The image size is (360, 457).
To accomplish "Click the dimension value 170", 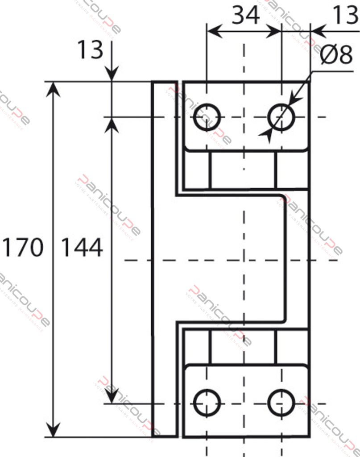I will click(x=23, y=248).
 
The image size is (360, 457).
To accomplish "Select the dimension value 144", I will click(x=82, y=248).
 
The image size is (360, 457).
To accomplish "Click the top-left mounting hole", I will click(x=207, y=117).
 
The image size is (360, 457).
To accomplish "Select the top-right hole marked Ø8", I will click(x=281, y=117).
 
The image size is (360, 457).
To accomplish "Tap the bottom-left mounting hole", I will click(x=207, y=403).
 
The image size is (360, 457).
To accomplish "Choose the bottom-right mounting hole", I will click(x=281, y=403).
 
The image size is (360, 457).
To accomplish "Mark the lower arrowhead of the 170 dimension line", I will click(x=53, y=430).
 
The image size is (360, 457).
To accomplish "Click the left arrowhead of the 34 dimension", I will click(x=215, y=31).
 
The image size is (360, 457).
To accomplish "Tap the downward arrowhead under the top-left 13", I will click(x=112, y=74).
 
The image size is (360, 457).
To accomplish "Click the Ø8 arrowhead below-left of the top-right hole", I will click(x=266, y=135).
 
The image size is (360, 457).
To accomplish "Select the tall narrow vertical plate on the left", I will click(x=165, y=259).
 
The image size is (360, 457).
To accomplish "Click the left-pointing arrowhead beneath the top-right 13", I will click(x=318, y=31).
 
